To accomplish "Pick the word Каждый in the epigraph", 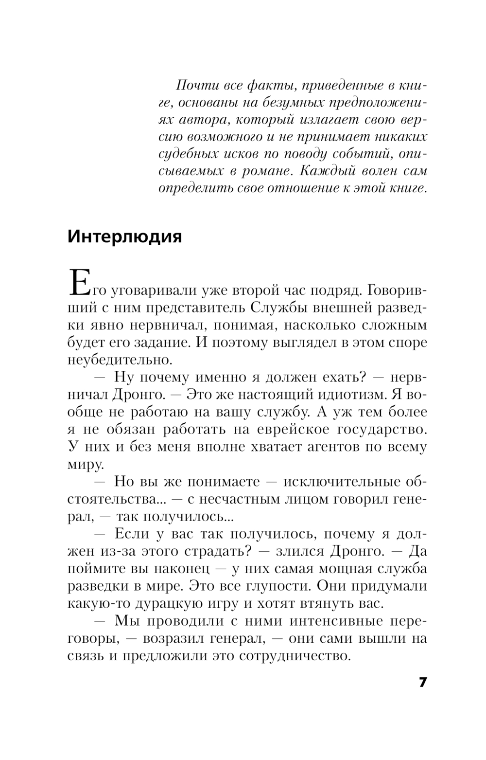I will click(328, 171).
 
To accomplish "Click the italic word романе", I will click(267, 171).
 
